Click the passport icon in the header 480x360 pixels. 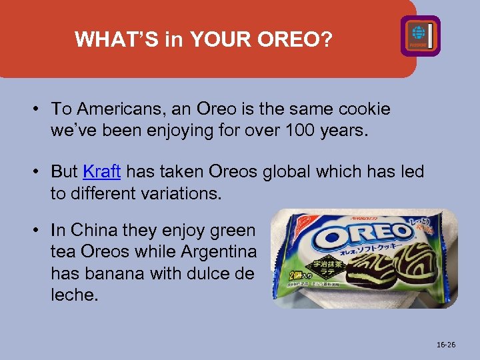coord(420,35)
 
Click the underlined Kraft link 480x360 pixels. coord(101,171)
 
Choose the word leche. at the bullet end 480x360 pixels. coord(74,294)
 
